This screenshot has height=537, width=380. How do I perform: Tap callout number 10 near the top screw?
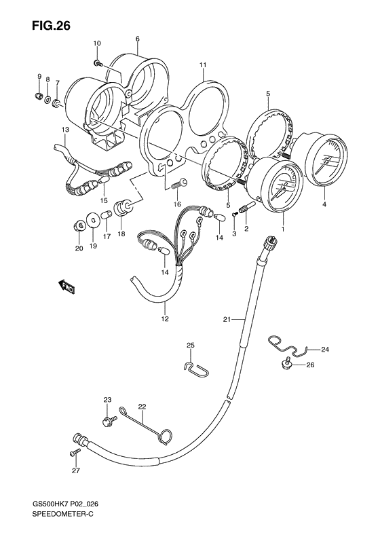[97, 43]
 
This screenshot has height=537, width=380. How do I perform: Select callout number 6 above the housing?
[137, 39]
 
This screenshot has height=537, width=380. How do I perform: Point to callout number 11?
[202, 64]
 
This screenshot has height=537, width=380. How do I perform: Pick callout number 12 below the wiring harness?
[164, 318]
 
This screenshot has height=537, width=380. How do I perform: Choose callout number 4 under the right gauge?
[324, 204]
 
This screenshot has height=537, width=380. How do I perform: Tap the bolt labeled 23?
[107, 422]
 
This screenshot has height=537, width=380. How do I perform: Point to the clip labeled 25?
[194, 367]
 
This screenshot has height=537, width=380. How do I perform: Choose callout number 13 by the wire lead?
[65, 129]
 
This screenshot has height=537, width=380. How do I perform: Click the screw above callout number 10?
[99, 62]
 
